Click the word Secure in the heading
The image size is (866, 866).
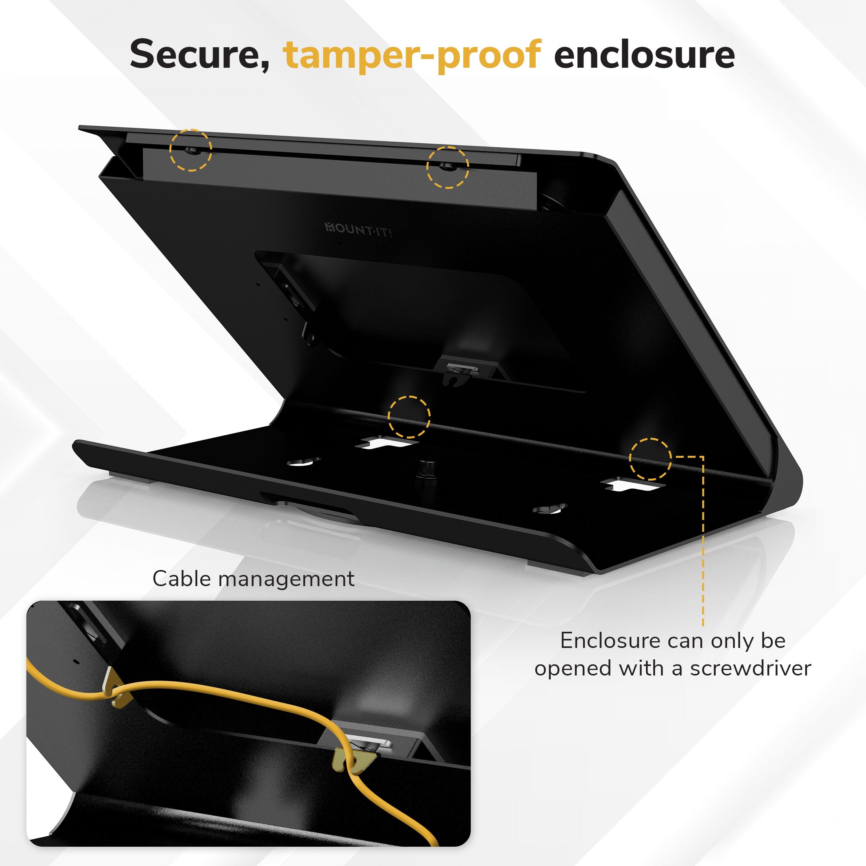(x=200, y=55)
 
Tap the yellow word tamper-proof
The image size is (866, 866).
(x=413, y=56)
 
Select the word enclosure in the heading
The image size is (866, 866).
(x=644, y=55)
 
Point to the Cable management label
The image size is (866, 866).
(x=253, y=578)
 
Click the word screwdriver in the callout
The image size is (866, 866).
(x=751, y=668)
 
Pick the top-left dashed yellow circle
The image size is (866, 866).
(x=191, y=150)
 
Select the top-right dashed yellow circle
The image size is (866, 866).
(x=447, y=167)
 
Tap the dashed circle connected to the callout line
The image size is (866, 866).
(x=650, y=459)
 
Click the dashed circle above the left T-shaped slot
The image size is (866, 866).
(x=409, y=417)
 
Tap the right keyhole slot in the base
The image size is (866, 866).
(x=550, y=509)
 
